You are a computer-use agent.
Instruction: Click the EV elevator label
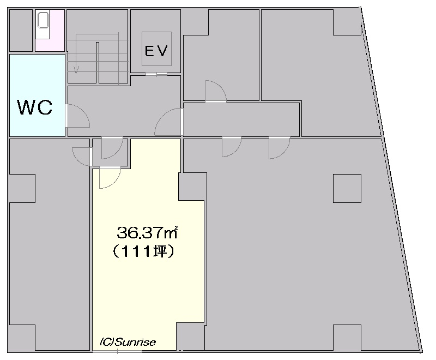point(156,51)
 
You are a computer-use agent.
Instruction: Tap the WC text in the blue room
point(35,107)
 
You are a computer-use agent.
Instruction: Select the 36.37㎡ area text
point(147,233)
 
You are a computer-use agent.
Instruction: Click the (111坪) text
point(143,252)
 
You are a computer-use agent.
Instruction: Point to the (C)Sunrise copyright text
point(128,342)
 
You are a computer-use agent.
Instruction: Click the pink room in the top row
point(50,31)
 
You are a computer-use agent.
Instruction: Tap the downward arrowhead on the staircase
point(76,70)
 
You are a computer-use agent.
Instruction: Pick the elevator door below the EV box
point(156,74)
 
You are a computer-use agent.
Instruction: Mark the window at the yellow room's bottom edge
point(117,352)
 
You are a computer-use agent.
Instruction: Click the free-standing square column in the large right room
point(347,188)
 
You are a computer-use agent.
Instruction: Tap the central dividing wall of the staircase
point(98,62)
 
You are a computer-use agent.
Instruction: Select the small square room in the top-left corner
point(21,31)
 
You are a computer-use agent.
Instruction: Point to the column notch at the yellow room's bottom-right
point(190,337)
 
